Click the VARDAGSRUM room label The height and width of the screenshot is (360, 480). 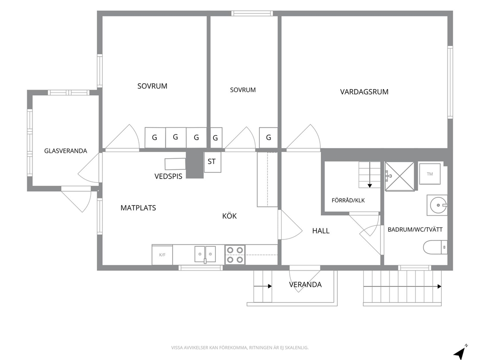[x=364, y=92]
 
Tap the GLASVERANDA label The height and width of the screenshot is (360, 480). [x=65, y=151]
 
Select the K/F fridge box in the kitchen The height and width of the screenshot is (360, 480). [x=162, y=255]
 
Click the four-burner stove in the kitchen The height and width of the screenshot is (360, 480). [x=235, y=255]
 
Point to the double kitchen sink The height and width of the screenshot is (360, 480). [x=205, y=254]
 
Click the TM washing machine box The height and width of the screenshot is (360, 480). [x=430, y=174]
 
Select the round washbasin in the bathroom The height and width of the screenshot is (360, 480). [x=438, y=205]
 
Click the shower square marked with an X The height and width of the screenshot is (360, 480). [x=400, y=176]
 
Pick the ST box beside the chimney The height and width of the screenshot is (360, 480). [x=212, y=162]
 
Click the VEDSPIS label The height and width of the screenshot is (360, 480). [x=168, y=176]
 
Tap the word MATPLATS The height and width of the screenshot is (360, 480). [x=138, y=208]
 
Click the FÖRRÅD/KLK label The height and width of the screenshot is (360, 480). [x=348, y=200]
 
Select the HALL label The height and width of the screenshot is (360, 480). [x=321, y=231]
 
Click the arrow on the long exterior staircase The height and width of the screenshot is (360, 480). [x=402, y=286]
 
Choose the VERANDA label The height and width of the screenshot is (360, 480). [x=305, y=285]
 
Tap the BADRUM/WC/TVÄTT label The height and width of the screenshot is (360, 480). [x=415, y=229]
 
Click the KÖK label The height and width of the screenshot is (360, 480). [x=229, y=216]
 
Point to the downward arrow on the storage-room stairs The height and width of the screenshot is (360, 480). [x=370, y=175]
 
